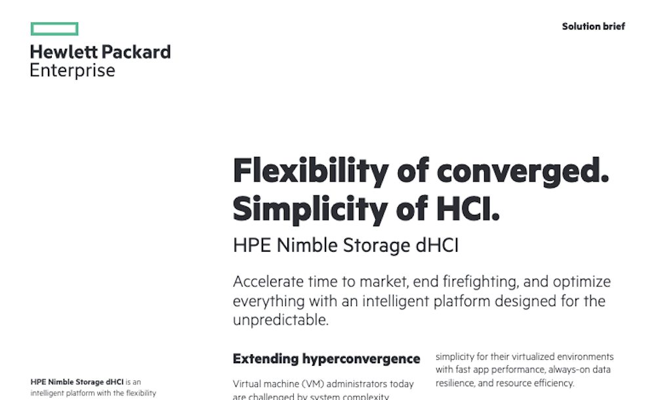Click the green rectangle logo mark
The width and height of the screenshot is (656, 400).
tap(54, 29)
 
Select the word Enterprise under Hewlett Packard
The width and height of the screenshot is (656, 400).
tap(72, 71)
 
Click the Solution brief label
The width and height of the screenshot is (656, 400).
tap(593, 27)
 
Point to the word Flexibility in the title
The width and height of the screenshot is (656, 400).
tap(310, 172)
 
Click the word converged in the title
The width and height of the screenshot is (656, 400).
tap(523, 172)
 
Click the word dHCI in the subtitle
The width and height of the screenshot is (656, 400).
tap(435, 246)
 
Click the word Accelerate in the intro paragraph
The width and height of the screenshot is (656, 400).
tap(268, 282)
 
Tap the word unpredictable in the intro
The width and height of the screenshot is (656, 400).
tap(280, 320)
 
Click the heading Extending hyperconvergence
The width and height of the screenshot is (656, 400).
tap(326, 359)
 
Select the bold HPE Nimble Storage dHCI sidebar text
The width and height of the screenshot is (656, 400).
tap(77, 382)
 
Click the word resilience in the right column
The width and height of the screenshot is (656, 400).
tap(458, 383)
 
